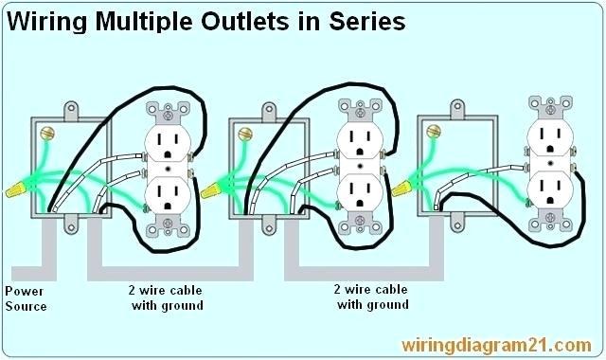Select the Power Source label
pyautogui.click(x=26, y=298)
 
